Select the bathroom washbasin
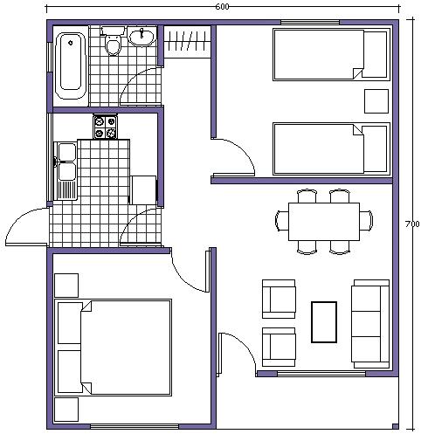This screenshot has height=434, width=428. click(142, 37)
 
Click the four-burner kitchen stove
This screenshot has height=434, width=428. click(105, 127)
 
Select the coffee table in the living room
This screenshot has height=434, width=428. click(324, 321)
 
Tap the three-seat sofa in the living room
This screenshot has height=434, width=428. click(370, 322)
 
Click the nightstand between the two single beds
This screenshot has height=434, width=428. click(376, 100)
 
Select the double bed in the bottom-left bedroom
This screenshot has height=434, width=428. click(113, 348)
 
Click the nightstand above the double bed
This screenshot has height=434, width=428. click(66, 285)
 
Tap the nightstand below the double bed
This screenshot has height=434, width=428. click(66, 409)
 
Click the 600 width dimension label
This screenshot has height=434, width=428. click(222, 7)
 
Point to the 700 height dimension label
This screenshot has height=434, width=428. click(413, 224)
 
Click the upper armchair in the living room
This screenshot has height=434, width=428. click(280, 297)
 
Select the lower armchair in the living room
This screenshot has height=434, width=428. click(280, 346)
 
